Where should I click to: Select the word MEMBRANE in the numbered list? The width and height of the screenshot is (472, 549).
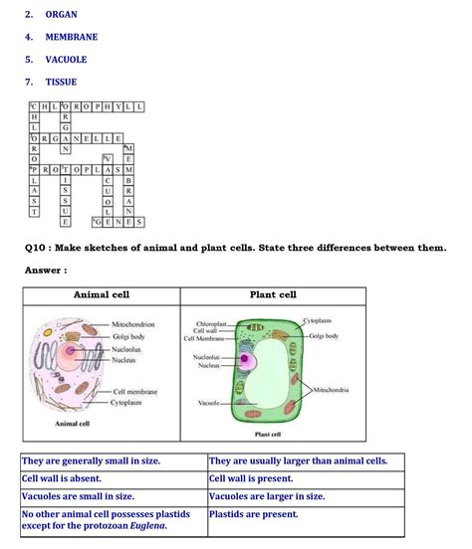click(71, 37)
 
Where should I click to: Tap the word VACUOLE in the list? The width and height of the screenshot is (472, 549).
click(68, 59)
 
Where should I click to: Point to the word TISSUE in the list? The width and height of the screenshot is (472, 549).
click(61, 82)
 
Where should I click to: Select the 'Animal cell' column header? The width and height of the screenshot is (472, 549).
click(102, 295)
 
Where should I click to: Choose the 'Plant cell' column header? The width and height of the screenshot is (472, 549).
click(273, 295)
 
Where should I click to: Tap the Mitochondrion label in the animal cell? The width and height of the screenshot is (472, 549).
click(133, 324)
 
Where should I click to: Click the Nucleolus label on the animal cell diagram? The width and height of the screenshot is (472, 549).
click(126, 350)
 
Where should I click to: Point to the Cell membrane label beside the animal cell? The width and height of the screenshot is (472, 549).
click(135, 392)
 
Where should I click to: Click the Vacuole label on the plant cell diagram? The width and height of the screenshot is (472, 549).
click(207, 403)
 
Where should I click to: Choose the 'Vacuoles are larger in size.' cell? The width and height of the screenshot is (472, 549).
click(267, 495)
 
